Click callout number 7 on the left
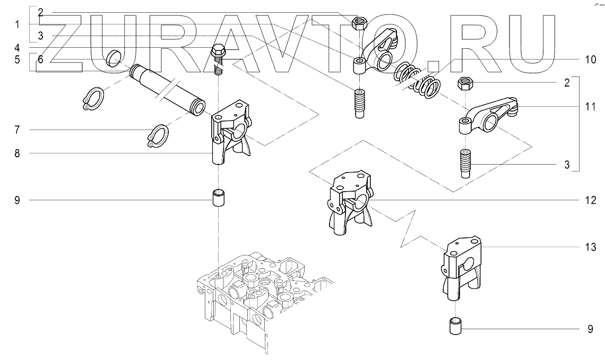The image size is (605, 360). point(17,130)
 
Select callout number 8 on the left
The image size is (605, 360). point(17,153)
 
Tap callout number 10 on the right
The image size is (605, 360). point(590,59)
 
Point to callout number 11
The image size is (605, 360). point(590,106)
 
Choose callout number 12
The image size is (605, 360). point(590,200)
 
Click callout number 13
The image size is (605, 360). point(590,247)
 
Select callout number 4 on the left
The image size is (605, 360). point(17,48)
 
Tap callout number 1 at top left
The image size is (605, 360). point(17,25)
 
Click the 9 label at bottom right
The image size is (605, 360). point(590,329)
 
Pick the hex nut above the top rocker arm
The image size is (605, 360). point(359,24)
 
